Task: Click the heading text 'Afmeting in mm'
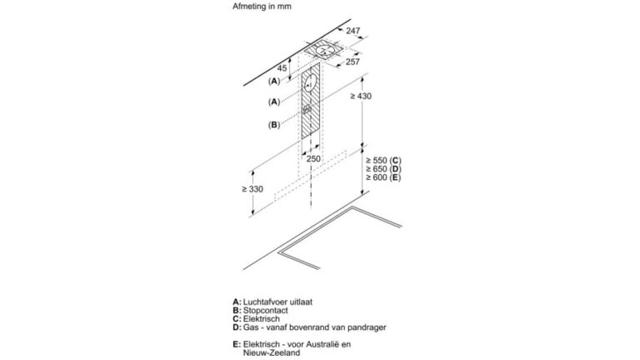[262, 7]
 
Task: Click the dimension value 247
[353, 31]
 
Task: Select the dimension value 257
[352, 62]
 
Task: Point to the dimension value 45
[282, 68]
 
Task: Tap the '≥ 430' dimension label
[361, 97]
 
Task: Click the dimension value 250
[313, 159]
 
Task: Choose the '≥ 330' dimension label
[252, 189]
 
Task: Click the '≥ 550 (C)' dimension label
[383, 160]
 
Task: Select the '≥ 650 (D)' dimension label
[383, 169]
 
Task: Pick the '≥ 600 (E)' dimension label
[383, 177]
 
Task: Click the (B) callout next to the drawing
[274, 125]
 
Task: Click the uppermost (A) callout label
[274, 81]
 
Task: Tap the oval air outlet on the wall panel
[310, 84]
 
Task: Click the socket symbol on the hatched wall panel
[307, 109]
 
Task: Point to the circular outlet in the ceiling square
[325, 51]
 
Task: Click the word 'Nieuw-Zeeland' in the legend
[272, 352]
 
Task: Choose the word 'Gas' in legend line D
[250, 327]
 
